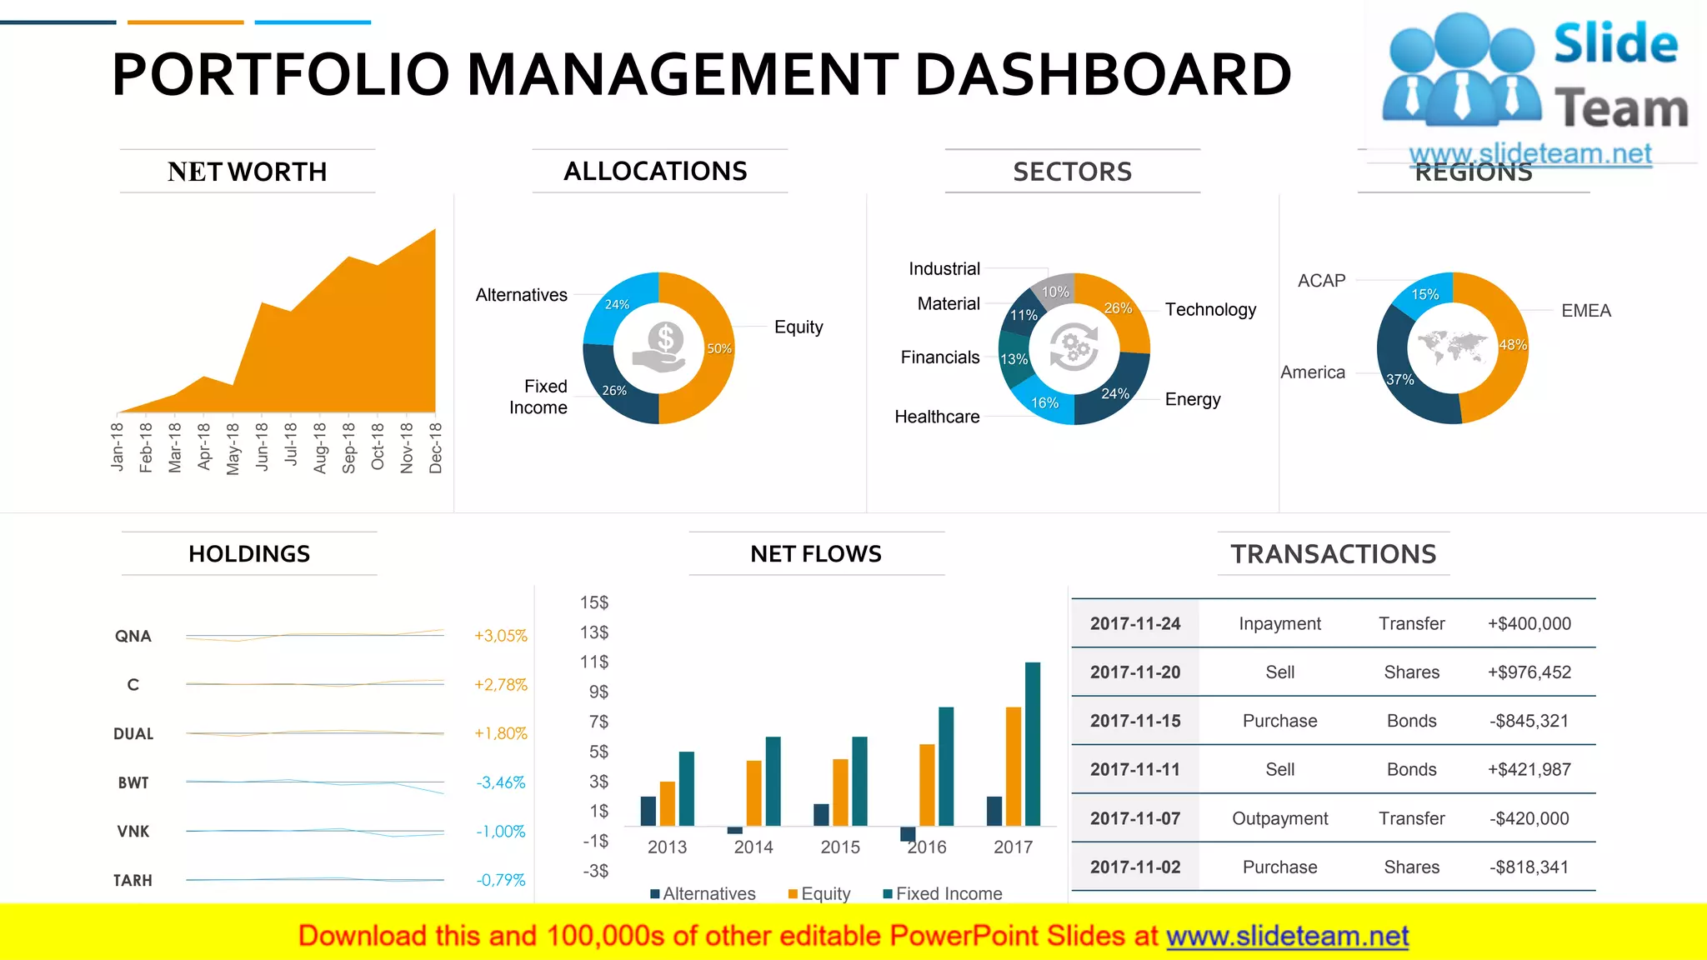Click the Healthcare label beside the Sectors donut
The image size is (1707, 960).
937,417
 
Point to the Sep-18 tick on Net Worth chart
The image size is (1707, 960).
348,447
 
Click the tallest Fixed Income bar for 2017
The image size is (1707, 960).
1033,743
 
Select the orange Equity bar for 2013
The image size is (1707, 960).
667,803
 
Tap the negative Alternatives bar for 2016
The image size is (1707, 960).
908,833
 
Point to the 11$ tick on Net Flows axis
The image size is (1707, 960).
594,662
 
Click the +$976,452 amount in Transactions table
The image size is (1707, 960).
1529,672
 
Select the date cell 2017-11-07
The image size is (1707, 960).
1135,818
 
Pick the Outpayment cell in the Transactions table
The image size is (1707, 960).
1279,818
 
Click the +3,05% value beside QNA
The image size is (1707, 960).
500,636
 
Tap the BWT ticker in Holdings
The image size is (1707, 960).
133,782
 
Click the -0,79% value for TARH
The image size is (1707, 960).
500,880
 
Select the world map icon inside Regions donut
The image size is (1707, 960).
1452,346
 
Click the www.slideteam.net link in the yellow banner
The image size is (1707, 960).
1287,937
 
